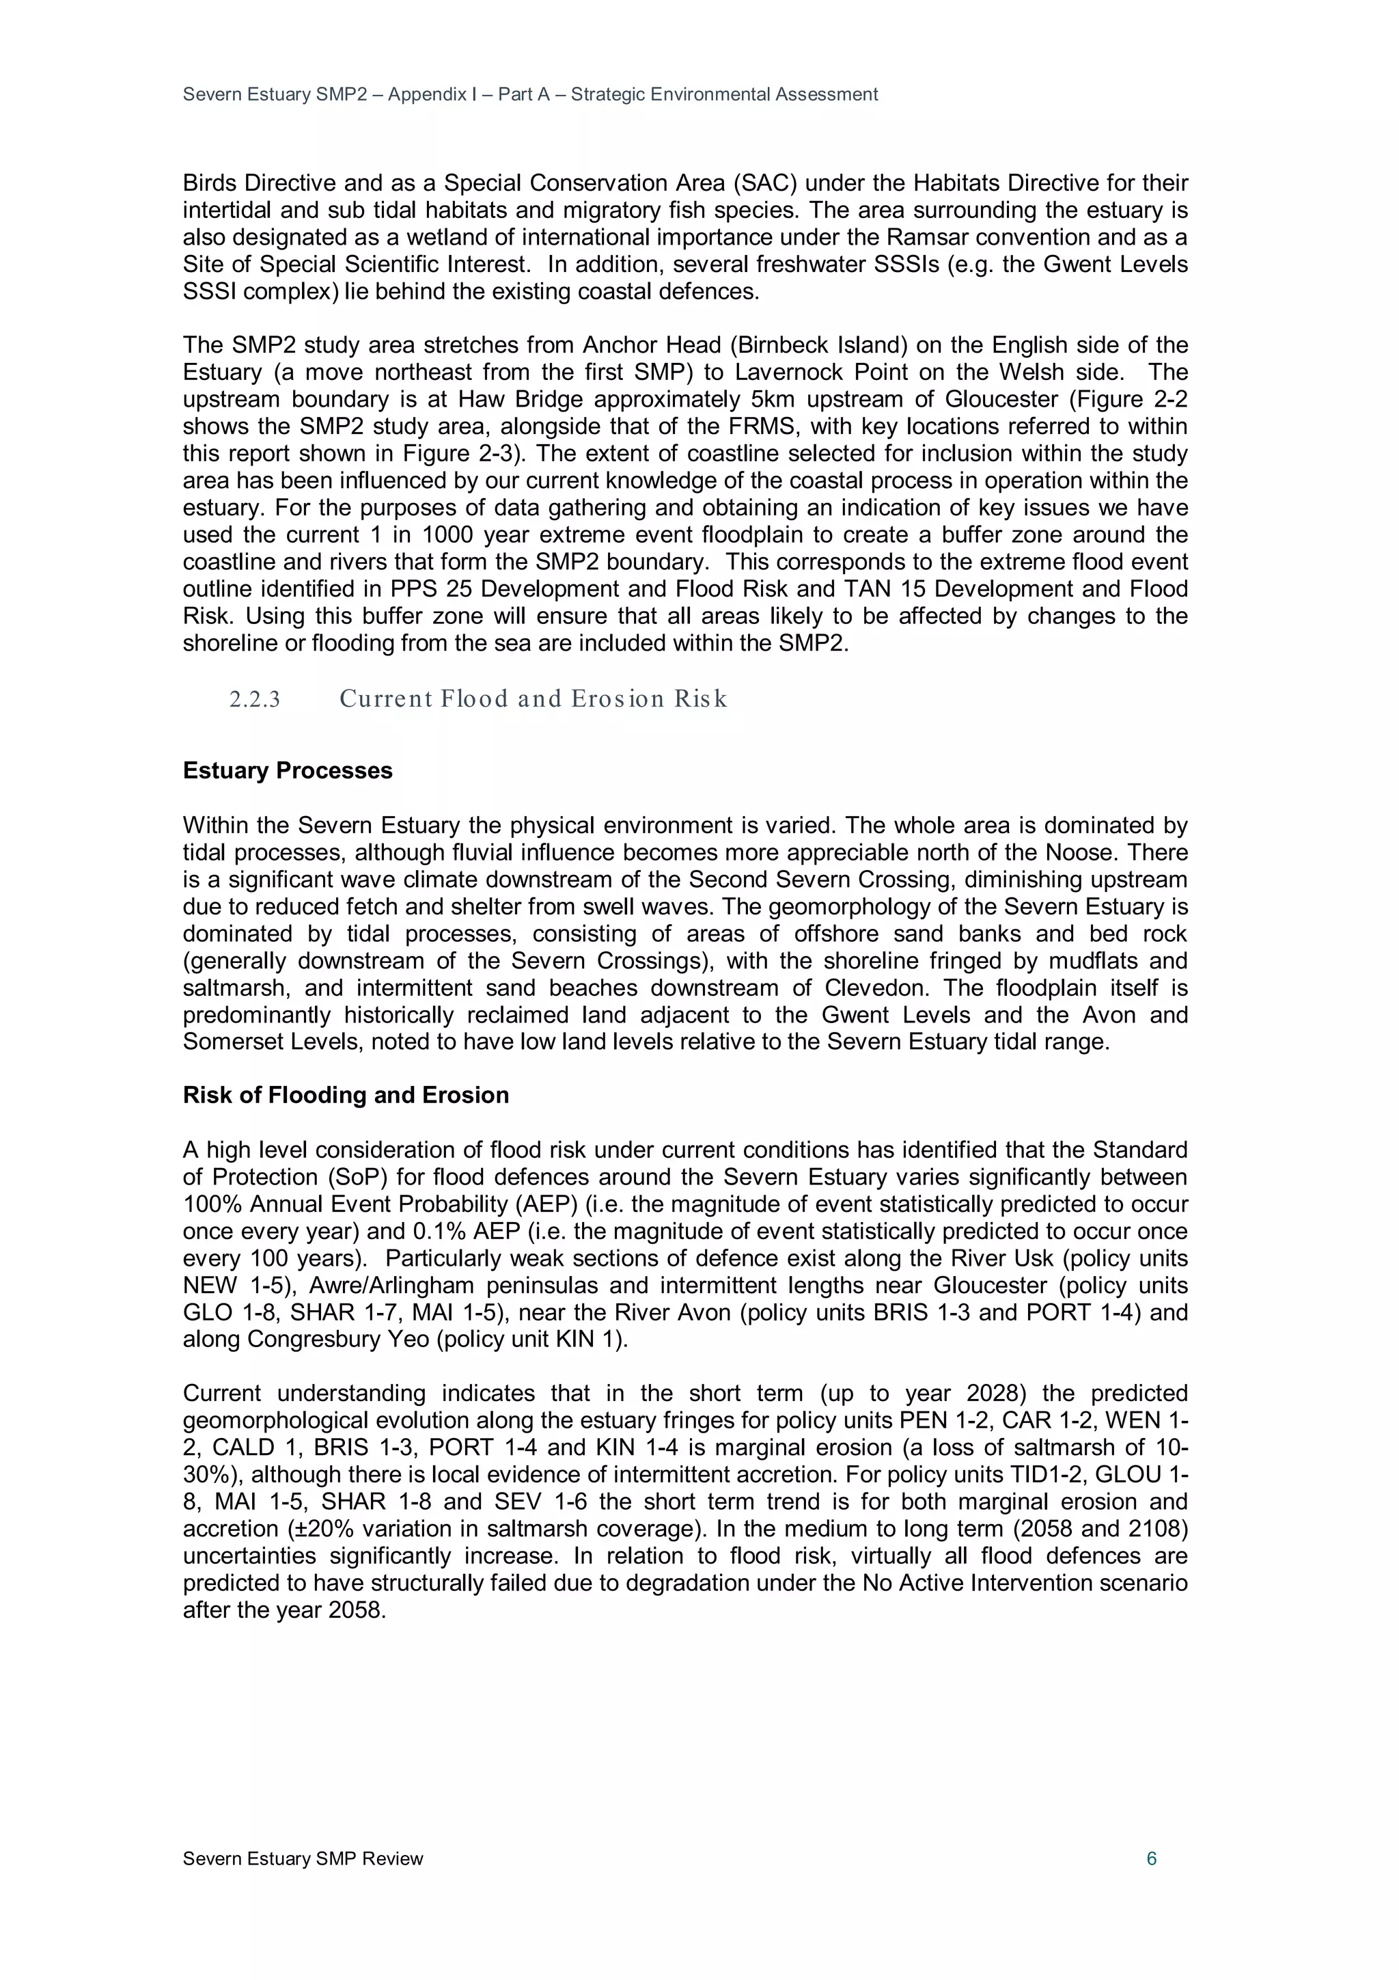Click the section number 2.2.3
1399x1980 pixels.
[254, 699]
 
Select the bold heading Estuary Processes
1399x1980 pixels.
[287, 771]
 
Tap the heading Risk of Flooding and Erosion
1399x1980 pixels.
[346, 1095]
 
